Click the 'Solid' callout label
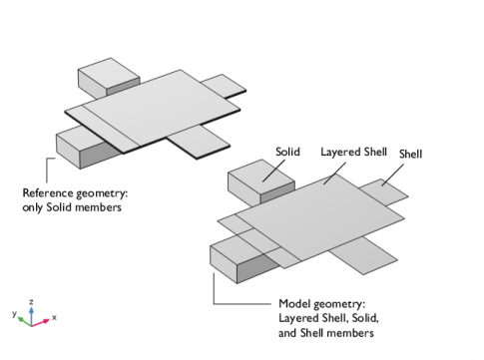coord(287,152)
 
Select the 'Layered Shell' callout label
coord(353,152)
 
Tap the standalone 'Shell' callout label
coord(410,154)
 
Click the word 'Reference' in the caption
coord(48,192)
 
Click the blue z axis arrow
coord(31,316)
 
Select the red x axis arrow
coord(41,322)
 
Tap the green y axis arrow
coord(24,321)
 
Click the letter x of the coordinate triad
coord(54,317)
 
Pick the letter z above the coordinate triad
coord(31,302)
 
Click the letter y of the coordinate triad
coord(14,313)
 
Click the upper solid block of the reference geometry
coord(108,77)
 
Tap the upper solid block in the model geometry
coord(260,181)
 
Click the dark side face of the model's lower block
coord(258,268)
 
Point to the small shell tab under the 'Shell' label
coord(383,192)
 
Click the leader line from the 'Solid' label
coord(273,171)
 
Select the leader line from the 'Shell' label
coord(392,175)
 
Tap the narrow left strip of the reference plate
coord(102,129)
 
